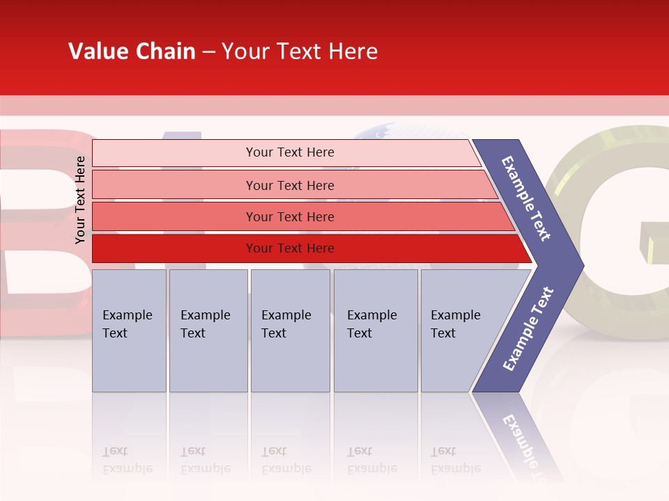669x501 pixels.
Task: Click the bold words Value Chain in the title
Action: tap(132, 51)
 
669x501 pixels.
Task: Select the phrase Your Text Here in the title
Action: tap(300, 51)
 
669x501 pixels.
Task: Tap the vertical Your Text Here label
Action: tap(80, 200)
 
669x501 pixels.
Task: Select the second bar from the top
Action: tap(290, 185)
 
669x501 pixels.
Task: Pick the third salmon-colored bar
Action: tap(290, 216)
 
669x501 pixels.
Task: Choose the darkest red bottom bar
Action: tap(290, 248)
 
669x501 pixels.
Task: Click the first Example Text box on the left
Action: tap(129, 330)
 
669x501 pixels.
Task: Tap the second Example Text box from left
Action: tap(208, 330)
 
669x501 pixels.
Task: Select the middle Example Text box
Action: tap(290, 330)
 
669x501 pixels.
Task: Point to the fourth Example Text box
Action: tap(375, 330)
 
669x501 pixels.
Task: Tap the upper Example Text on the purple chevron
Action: tap(526, 198)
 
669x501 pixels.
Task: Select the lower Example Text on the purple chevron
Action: tap(528, 329)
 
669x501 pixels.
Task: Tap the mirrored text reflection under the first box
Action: tap(127, 460)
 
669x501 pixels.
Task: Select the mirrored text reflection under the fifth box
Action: tap(454, 460)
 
